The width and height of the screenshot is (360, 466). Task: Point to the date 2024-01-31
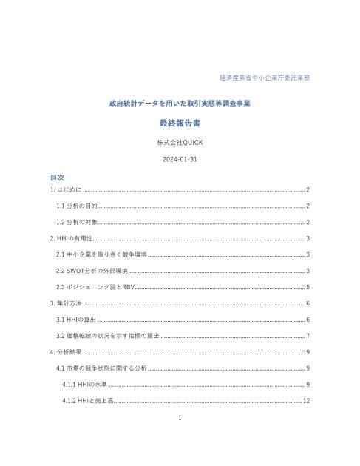tap(180, 159)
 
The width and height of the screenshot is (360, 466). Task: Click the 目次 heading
tap(57, 178)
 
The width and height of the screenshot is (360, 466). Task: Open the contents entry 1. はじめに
tap(66, 190)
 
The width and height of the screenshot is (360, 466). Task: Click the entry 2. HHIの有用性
tap(71, 238)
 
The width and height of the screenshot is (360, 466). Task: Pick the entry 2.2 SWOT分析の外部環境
tap(92, 271)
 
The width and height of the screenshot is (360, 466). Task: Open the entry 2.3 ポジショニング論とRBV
tap(95, 287)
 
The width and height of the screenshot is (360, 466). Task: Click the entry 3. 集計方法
tap(66, 303)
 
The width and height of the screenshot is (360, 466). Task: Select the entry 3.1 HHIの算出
tap(76, 320)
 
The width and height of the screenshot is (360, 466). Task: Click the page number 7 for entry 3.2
tap(308, 336)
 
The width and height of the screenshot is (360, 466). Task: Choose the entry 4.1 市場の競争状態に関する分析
tap(102, 368)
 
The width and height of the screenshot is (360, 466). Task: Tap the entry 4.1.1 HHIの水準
tap(86, 385)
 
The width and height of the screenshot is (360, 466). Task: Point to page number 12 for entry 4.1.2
tap(305, 401)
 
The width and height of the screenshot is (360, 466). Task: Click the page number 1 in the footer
tap(180, 418)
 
